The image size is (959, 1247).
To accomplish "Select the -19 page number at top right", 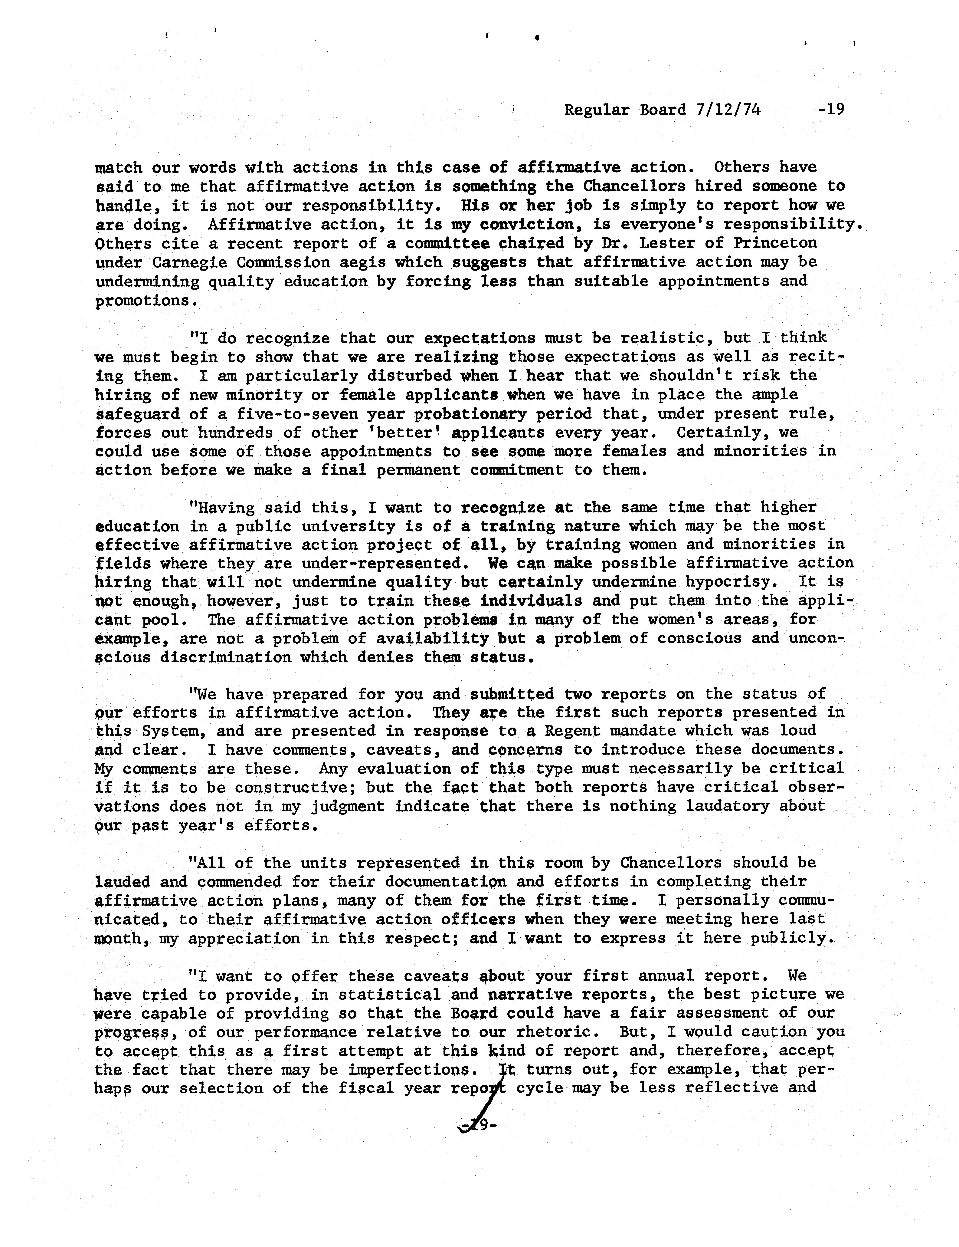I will pos(831,109).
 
